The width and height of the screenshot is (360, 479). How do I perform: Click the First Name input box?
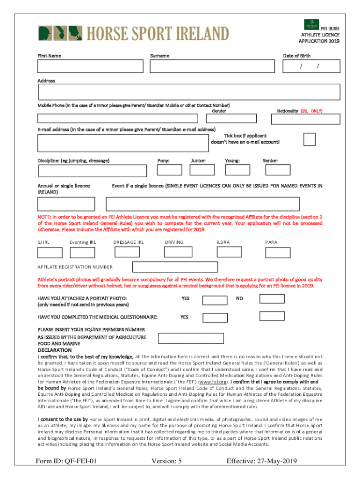point(90,66)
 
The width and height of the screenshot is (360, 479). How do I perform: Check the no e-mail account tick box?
point(309,139)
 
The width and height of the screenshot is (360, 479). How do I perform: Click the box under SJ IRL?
point(50,253)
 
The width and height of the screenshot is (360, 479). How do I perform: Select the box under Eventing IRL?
point(82,253)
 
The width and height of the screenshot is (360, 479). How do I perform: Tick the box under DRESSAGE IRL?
point(127,253)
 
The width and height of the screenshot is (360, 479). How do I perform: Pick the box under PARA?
point(278,253)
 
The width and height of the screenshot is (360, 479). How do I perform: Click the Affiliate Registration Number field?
point(175,267)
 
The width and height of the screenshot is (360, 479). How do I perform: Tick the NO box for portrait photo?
point(272,299)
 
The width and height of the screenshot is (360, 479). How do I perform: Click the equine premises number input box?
point(191,338)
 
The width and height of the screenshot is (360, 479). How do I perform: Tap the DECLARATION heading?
point(54,350)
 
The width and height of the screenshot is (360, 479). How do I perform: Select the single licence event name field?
point(202,204)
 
